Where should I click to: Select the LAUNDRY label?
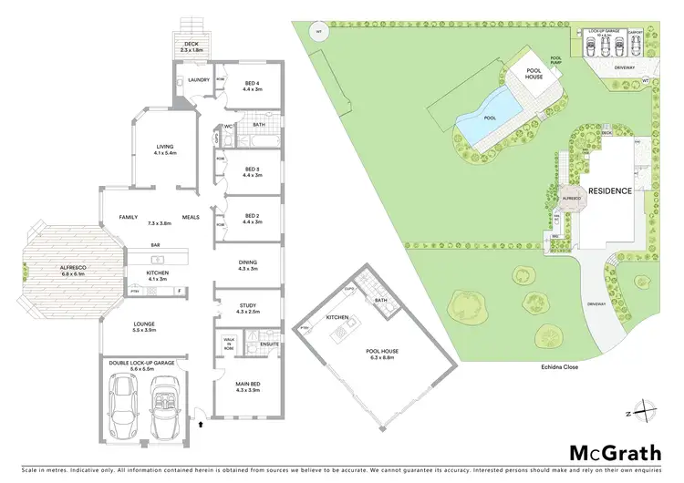[x=199, y=80]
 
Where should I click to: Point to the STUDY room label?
[x=248, y=308]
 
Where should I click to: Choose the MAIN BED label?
[x=248, y=386]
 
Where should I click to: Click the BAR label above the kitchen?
[x=155, y=245]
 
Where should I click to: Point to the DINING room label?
[x=248, y=264]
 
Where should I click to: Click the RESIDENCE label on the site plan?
[x=611, y=191]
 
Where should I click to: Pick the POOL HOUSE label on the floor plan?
[x=382, y=354]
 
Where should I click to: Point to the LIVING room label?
[x=165, y=149]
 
